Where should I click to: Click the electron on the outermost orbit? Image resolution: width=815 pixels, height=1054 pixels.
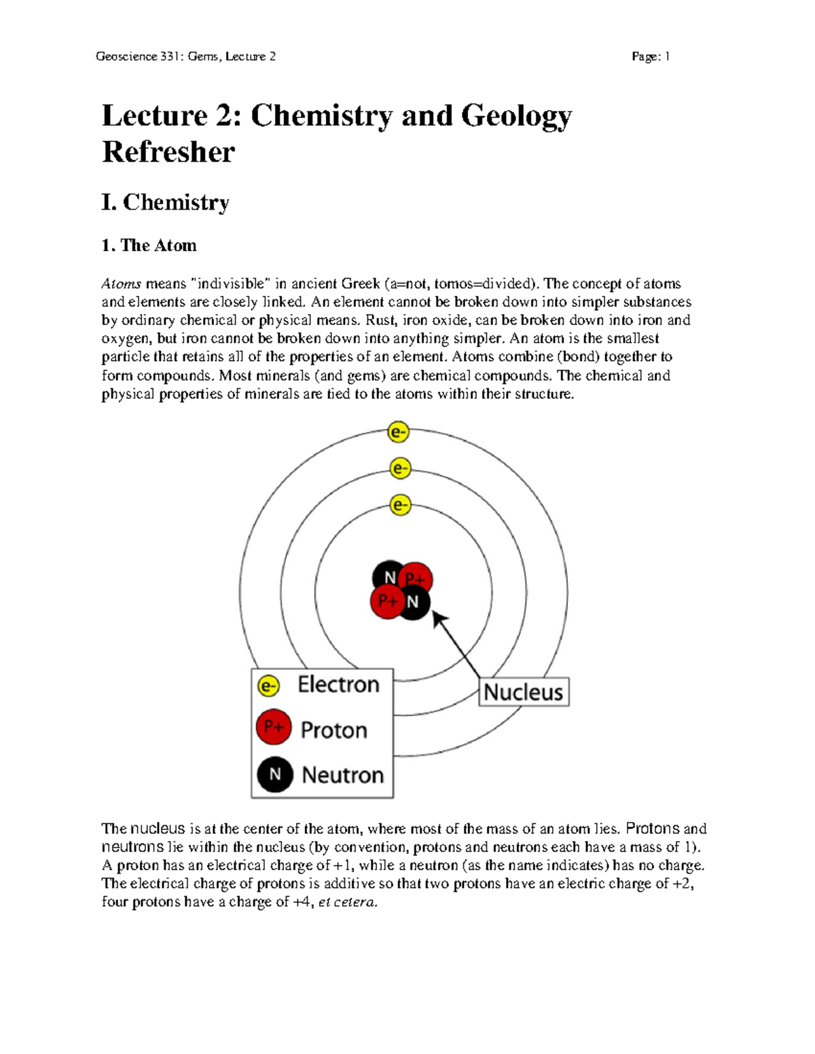398,432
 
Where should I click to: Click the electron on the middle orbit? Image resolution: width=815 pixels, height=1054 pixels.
400,469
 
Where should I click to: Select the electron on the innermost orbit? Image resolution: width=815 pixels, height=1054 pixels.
401,506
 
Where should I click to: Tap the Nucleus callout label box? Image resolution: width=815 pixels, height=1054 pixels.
524,692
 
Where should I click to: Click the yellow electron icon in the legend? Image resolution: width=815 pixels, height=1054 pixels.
269,686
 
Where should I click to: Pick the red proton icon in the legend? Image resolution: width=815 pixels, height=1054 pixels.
274,728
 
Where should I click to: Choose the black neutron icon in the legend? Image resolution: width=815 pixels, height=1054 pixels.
274,774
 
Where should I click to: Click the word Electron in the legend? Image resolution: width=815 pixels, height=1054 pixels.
338,684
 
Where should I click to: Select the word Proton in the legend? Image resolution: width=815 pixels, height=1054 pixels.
333,730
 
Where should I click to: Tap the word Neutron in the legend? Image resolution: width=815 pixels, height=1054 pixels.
342,775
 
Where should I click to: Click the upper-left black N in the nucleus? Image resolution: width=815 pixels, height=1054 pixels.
389,578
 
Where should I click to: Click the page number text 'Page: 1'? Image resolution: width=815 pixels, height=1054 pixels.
651,57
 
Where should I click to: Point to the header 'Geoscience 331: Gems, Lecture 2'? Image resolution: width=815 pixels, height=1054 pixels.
185,57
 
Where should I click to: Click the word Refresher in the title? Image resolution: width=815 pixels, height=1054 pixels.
168,151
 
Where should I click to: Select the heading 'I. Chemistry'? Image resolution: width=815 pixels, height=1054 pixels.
165,202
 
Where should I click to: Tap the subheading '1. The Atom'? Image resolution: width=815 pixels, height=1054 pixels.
149,246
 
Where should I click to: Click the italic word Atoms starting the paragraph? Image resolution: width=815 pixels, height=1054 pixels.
121,284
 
